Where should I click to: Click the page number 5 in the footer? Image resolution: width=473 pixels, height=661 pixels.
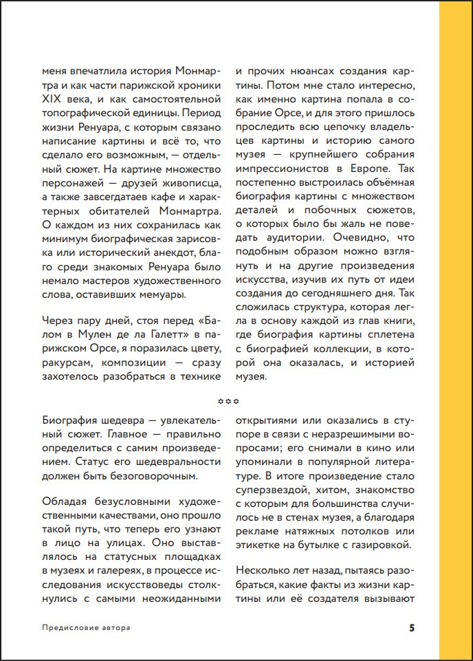[412, 627]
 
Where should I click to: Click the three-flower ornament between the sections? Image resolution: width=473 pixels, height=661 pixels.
[227, 400]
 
